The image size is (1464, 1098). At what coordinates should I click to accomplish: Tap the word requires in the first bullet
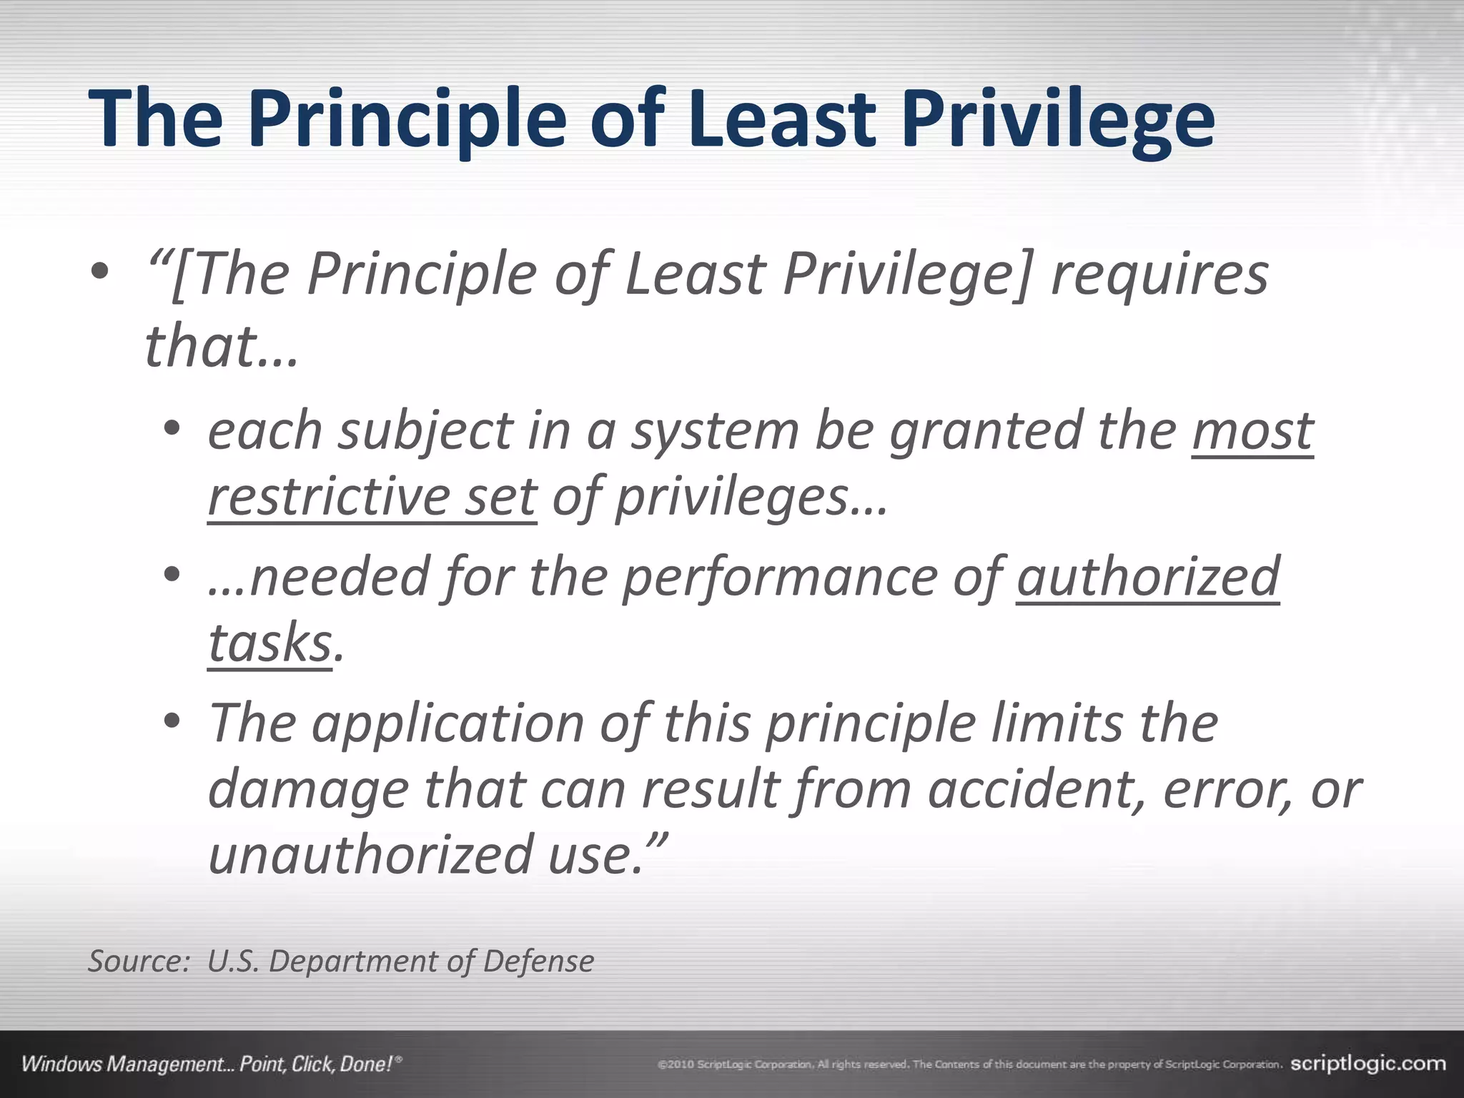[x=1159, y=275]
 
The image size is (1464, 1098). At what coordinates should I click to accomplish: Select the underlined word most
[x=1252, y=431]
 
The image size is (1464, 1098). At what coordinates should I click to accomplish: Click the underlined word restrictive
[x=328, y=496]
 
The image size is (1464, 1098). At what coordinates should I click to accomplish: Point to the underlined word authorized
[x=1147, y=577]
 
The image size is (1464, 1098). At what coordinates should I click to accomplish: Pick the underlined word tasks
[x=269, y=643]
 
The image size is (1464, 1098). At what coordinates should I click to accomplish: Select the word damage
[x=308, y=791]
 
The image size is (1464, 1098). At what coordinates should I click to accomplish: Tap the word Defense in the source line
[x=538, y=961]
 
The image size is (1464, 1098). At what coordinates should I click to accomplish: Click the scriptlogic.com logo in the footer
[x=1367, y=1064]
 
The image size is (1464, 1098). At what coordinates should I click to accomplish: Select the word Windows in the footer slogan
[x=62, y=1064]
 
